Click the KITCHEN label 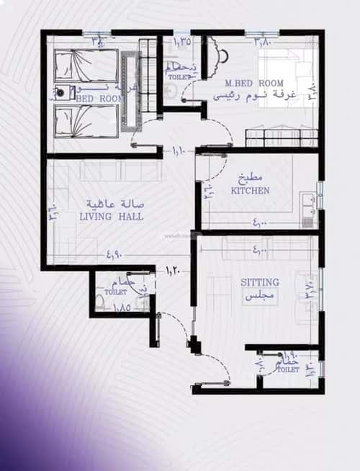click(x=250, y=191)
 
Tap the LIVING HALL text click(x=111, y=216)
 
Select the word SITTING click(x=260, y=282)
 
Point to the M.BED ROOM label click(x=254, y=83)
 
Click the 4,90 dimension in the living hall click(x=114, y=254)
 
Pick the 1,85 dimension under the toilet click(x=122, y=308)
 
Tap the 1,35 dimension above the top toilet click(x=183, y=42)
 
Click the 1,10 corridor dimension click(x=179, y=151)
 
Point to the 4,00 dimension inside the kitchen click(x=260, y=226)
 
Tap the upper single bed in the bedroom click(x=86, y=66)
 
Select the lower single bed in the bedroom click(x=86, y=120)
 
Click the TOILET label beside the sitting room click(x=288, y=369)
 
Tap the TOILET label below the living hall click(x=115, y=293)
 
